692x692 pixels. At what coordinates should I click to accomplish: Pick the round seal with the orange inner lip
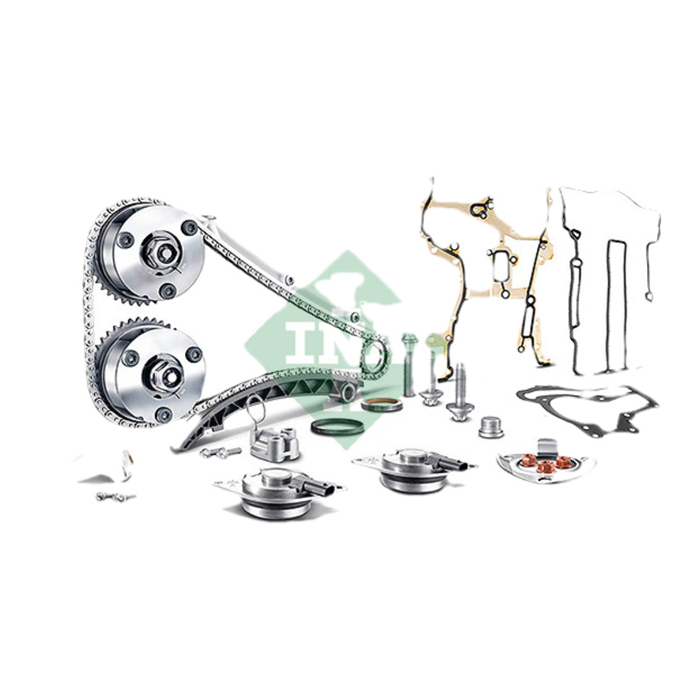381,404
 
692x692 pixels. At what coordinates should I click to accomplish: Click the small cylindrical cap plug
490,426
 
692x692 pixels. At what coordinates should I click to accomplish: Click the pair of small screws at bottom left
116,497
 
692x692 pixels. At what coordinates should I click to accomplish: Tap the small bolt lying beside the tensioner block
220,452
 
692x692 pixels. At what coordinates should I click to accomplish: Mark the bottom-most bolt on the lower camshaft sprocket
163,414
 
